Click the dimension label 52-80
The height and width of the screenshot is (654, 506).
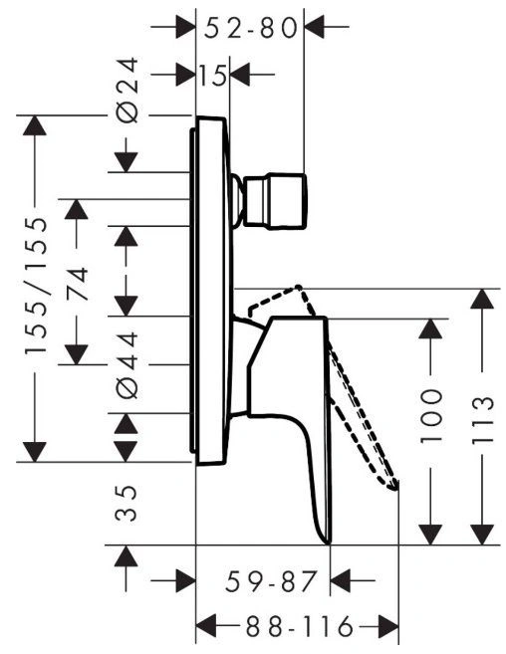(x=251, y=28)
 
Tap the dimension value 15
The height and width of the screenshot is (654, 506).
(x=213, y=75)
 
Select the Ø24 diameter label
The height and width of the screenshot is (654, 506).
(x=126, y=91)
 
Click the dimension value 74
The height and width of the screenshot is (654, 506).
(x=77, y=284)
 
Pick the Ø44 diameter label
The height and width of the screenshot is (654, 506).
(x=126, y=365)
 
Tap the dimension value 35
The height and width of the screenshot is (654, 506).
(x=126, y=503)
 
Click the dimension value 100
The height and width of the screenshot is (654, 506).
(x=430, y=416)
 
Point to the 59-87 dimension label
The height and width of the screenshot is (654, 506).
(x=271, y=582)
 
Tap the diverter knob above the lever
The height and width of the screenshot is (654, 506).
(x=274, y=201)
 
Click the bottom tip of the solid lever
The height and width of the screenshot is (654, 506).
(x=328, y=543)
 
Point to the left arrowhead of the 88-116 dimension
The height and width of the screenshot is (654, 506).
(x=206, y=626)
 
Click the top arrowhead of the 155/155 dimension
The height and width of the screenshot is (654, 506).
(x=35, y=125)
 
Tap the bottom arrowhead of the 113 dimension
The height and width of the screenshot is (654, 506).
(x=482, y=535)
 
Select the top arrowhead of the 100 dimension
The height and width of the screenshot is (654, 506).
(x=430, y=328)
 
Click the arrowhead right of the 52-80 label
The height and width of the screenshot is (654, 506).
(x=315, y=27)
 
